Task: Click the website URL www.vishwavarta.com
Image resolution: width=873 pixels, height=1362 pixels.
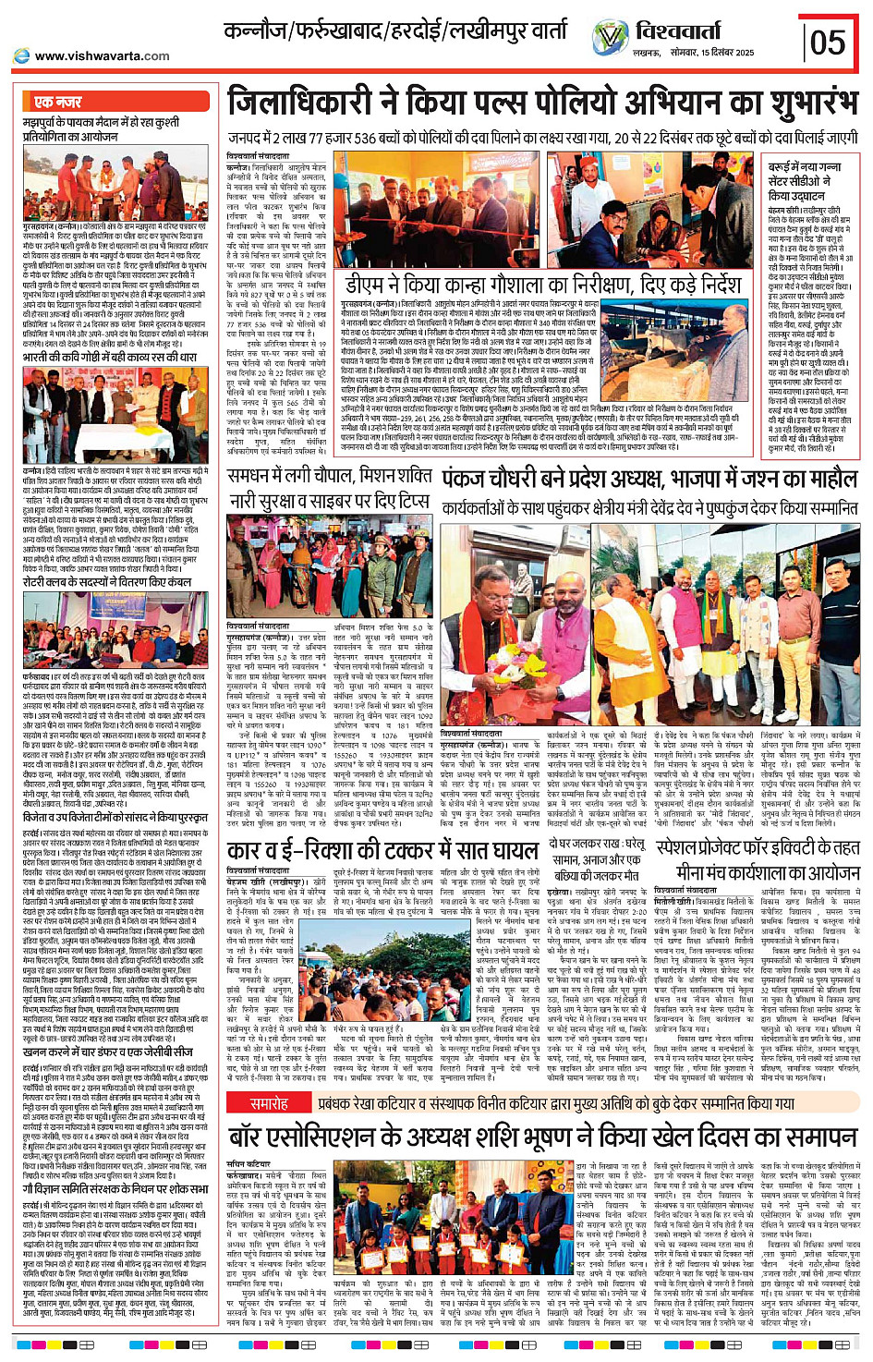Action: (102, 56)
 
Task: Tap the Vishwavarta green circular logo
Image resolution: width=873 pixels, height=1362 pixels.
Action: (610, 38)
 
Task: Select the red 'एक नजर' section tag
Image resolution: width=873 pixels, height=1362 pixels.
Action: (58, 102)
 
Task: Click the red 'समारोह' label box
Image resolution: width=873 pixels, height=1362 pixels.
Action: (270, 1104)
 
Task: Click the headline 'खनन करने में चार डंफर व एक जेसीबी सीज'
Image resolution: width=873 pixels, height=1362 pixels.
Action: (108, 1052)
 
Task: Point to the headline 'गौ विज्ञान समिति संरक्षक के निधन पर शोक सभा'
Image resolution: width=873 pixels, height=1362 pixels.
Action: (115, 1189)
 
